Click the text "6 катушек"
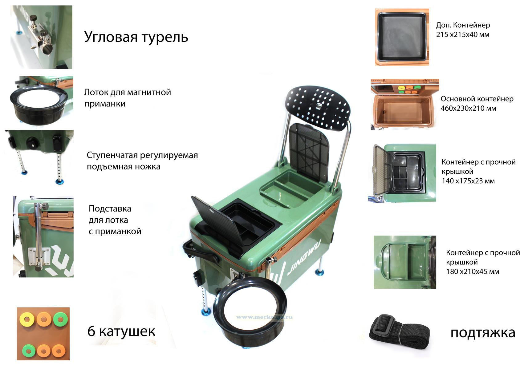click(121, 331)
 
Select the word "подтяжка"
click(483, 333)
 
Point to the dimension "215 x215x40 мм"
click(462, 34)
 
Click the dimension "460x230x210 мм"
click(468, 108)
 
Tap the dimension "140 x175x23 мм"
click(468, 181)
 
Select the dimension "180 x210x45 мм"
click(473, 272)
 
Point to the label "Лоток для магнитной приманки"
click(128, 98)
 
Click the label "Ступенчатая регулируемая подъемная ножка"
click(142, 161)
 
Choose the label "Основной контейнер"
click(477, 99)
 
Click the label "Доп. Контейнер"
click(463, 25)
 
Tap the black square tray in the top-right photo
click(402, 38)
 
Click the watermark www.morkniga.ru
click(264, 317)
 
